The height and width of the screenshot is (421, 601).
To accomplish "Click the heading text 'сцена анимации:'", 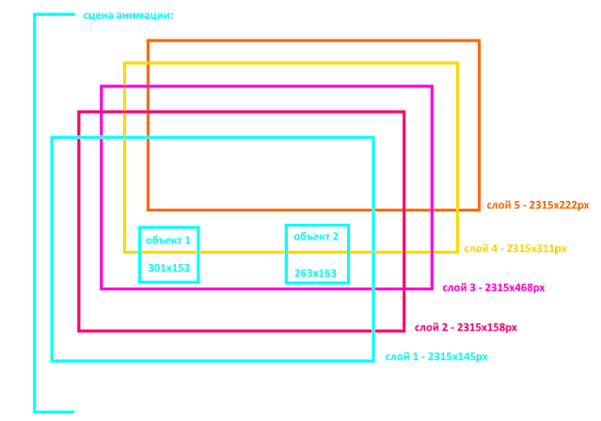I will point(128,16).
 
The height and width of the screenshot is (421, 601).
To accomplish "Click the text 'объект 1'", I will point(167,241).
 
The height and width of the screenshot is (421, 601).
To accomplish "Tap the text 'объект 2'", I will point(316,237).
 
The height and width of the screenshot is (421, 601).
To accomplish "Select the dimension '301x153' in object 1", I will point(169,269).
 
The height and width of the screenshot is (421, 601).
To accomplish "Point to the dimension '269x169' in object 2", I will point(315,273).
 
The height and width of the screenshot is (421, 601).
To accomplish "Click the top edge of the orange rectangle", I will point(313,41).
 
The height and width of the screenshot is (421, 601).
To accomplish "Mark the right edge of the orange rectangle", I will point(480,125).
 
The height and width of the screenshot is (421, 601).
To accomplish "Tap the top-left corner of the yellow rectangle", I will point(126,64).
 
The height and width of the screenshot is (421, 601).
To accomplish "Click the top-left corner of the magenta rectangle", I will point(103,87).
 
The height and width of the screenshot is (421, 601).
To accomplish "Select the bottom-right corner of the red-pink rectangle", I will point(404,330).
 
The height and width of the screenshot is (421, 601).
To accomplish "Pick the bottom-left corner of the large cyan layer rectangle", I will point(53,360).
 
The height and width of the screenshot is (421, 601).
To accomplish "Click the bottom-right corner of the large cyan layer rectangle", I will point(373,360).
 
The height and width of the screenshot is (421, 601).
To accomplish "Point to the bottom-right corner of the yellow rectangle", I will point(457,252).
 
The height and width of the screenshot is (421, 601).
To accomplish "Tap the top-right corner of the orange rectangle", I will point(480,41).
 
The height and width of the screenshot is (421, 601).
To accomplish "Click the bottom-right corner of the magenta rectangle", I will point(432,288).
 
